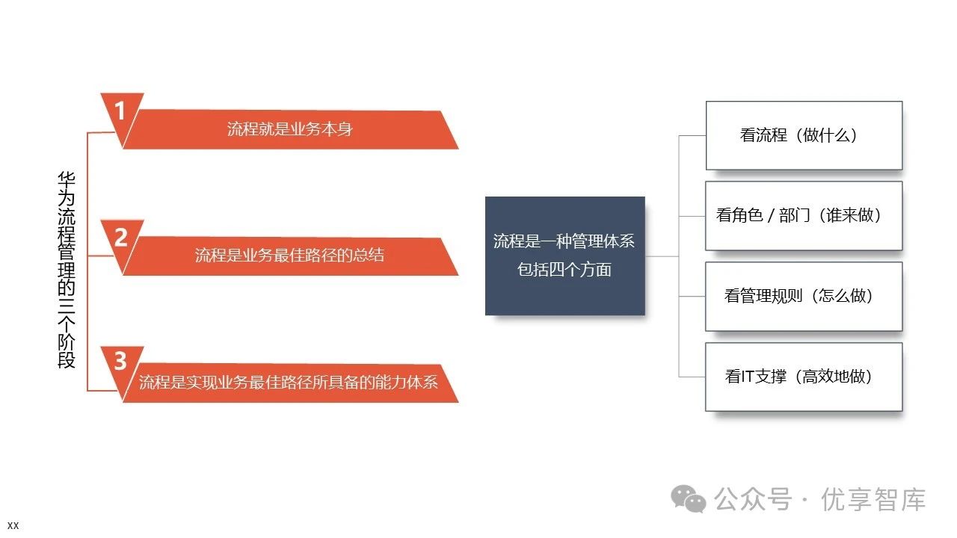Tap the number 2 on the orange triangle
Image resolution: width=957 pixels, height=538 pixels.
(x=120, y=238)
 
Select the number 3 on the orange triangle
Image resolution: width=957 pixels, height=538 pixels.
(x=120, y=362)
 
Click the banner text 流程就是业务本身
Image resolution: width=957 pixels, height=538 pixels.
(x=289, y=129)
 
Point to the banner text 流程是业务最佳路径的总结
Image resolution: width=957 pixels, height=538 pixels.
(x=289, y=256)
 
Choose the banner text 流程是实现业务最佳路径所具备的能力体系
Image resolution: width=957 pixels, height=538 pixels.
(x=288, y=383)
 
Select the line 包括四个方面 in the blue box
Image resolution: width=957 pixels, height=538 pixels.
(x=564, y=270)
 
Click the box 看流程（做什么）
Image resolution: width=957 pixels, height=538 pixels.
(x=804, y=135)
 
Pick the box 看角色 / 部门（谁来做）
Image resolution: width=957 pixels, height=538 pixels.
(x=804, y=216)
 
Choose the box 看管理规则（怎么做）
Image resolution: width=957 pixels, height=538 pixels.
(x=804, y=296)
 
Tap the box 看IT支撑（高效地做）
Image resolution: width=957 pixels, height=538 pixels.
(x=804, y=377)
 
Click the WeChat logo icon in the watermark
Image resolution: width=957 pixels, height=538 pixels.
(x=688, y=498)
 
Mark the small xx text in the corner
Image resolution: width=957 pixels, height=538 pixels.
(x=13, y=526)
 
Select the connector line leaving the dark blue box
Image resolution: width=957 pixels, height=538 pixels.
(x=662, y=256)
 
